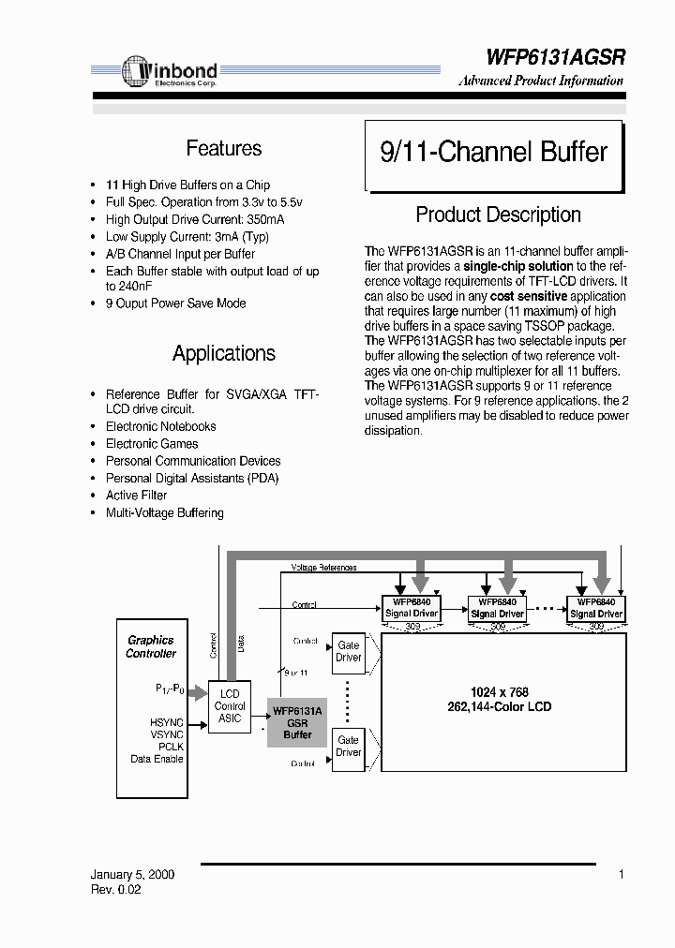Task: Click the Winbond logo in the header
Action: [x=170, y=72]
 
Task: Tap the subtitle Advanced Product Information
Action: [x=541, y=81]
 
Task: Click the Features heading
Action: [x=223, y=148]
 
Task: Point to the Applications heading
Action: [x=223, y=353]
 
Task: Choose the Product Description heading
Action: [x=498, y=215]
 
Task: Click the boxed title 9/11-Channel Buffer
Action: [x=493, y=152]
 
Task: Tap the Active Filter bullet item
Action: [x=136, y=496]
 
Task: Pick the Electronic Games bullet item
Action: [x=152, y=444]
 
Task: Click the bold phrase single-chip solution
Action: [x=518, y=267]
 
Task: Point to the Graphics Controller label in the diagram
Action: [x=151, y=646]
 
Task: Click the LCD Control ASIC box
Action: [x=229, y=706]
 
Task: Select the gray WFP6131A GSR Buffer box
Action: [x=297, y=722]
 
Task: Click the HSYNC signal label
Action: [x=167, y=723]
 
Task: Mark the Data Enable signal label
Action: [x=157, y=759]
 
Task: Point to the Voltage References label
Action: [x=323, y=568]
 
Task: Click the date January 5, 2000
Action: [x=132, y=875]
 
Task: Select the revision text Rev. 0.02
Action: [x=116, y=890]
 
